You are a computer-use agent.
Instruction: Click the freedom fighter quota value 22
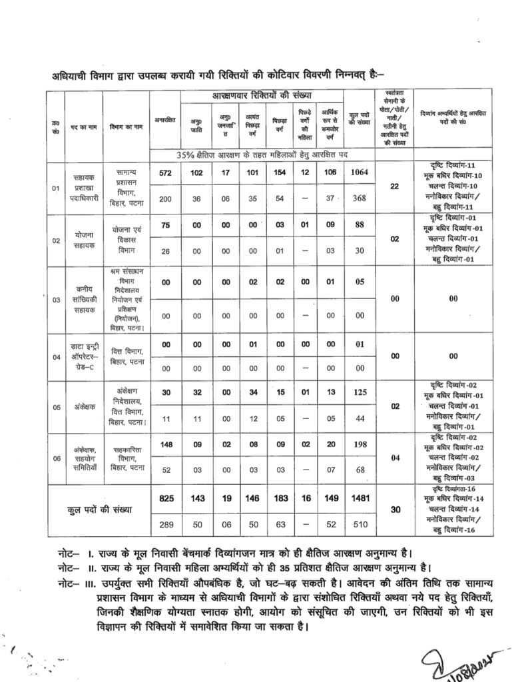[x=394, y=186]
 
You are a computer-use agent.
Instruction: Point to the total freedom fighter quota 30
[x=394, y=511]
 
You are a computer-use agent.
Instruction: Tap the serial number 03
[x=56, y=300]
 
